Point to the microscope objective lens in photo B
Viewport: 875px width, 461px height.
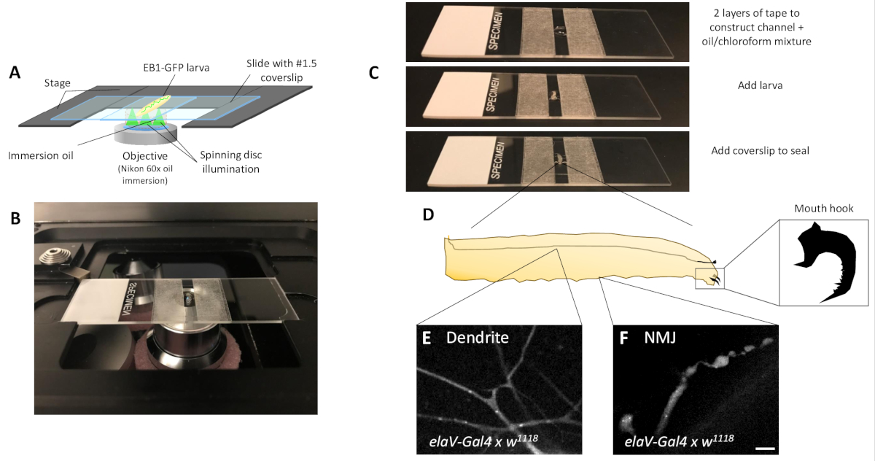182,349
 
